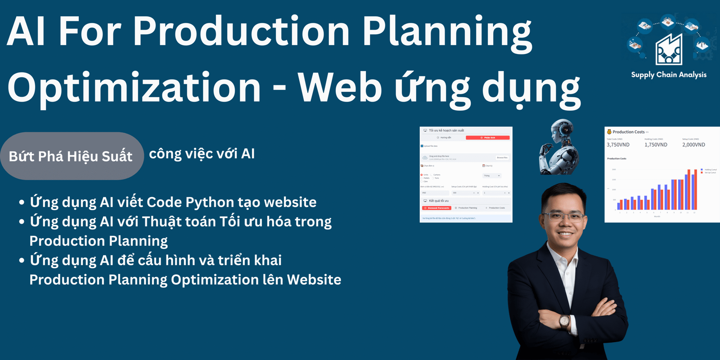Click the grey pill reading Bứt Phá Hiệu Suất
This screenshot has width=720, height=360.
tap(71, 156)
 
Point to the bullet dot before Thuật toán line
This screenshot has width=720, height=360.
tap(22, 222)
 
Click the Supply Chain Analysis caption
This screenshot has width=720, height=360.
tap(669, 75)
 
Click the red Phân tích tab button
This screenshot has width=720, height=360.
tap(488, 138)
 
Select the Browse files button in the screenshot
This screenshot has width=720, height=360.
tap(502, 157)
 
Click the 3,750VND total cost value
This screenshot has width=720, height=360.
tap(618, 145)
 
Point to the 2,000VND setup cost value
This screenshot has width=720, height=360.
tap(693, 145)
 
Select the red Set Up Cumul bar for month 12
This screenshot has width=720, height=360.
tap(696, 189)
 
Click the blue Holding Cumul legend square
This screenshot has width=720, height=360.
tap(702, 170)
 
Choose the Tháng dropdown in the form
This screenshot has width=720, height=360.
tap(491, 175)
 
